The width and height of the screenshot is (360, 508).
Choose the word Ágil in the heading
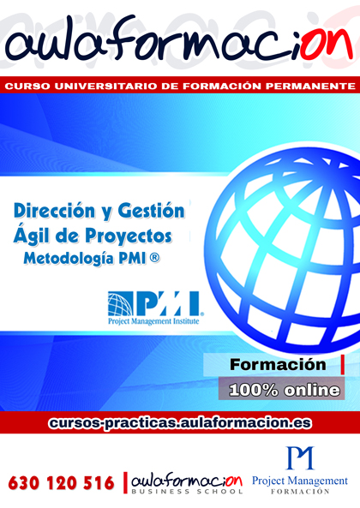coord(37,233)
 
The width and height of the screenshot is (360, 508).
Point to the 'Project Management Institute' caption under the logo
coord(154,325)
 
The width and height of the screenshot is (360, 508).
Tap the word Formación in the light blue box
coord(277,365)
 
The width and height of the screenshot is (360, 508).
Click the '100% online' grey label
coord(284,389)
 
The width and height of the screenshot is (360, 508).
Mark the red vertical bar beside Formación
coord(342,364)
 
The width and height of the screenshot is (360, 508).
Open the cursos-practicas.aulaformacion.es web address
coord(180,423)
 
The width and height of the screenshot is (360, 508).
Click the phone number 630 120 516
coord(62,483)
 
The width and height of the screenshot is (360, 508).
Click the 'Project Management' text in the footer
coord(300,481)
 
